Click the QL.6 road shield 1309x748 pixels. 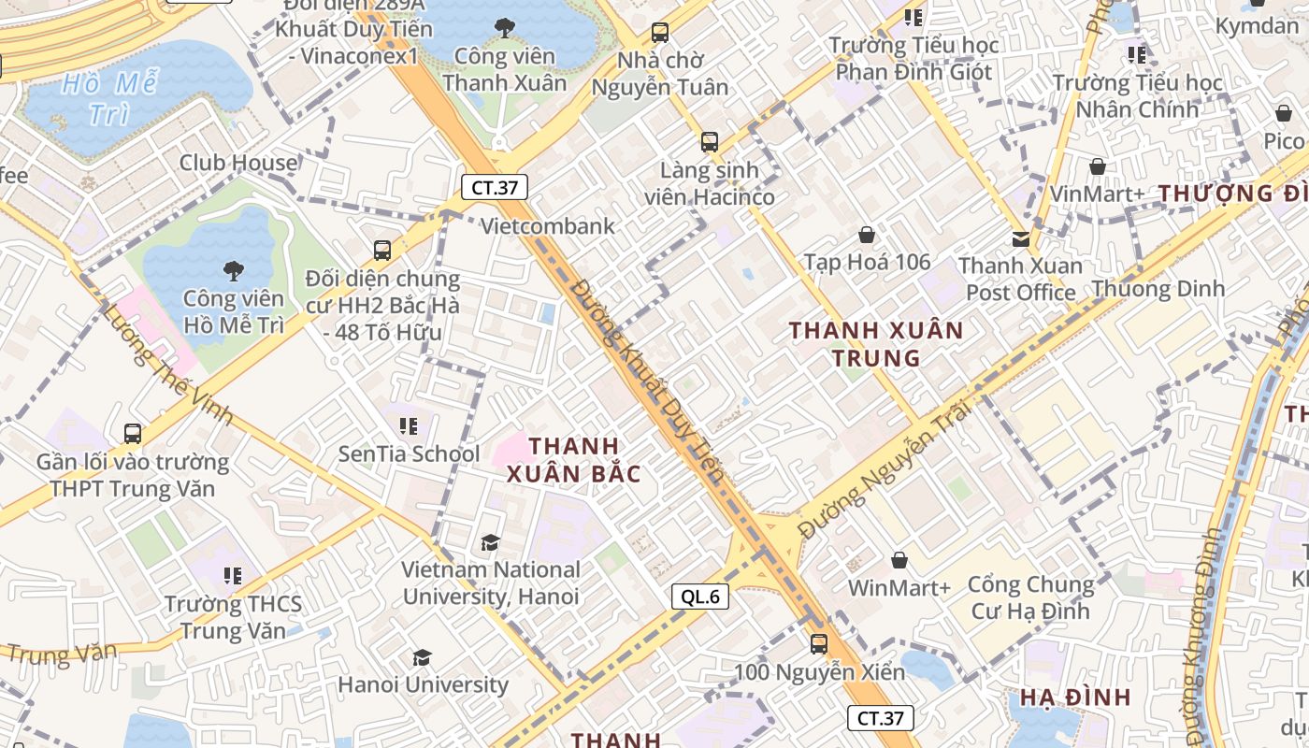point(699,596)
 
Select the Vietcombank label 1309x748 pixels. point(548,225)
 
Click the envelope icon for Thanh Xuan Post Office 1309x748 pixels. point(1020,239)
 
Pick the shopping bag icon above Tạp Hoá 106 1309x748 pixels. point(867,235)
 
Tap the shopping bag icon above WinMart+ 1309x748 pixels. point(899,560)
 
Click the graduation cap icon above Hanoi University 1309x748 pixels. point(422,657)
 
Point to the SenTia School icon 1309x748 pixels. point(408,426)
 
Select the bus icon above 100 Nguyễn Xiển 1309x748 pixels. point(818,644)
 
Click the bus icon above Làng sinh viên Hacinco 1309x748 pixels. point(710,143)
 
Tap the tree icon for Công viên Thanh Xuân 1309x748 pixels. point(505,28)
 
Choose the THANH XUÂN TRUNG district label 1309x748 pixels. point(875,343)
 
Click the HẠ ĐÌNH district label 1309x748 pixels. point(1075,698)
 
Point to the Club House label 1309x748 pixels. point(238,162)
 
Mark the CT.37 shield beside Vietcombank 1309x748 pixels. point(494,187)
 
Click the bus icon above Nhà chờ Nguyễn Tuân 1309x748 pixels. point(660,33)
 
